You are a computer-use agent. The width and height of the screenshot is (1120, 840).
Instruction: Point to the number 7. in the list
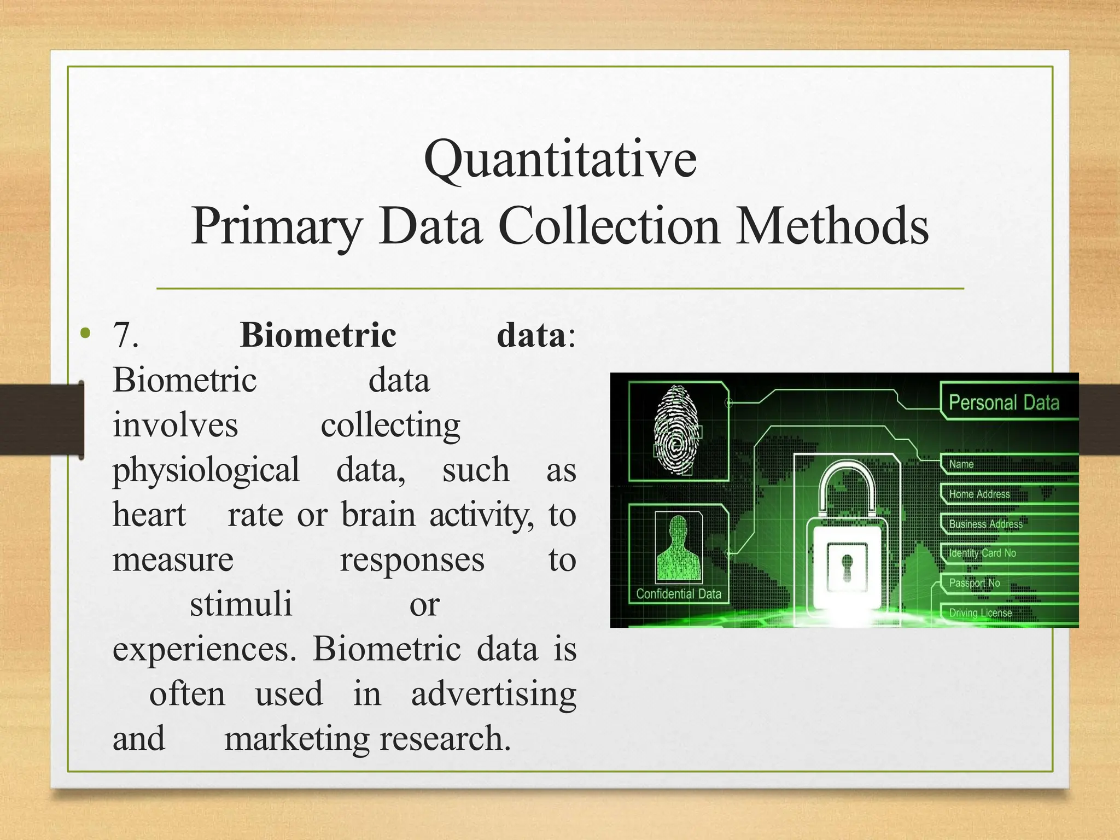125,335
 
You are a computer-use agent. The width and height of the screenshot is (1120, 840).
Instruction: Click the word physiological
206,470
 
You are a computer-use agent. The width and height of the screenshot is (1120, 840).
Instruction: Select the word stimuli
241,604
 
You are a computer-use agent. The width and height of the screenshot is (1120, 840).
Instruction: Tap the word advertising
493,694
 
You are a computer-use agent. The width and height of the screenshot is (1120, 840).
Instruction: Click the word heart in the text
149,515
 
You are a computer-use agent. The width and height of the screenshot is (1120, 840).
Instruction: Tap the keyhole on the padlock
847,567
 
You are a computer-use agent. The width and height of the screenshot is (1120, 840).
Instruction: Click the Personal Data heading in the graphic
1004,403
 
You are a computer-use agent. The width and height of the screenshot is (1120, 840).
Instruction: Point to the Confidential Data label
679,594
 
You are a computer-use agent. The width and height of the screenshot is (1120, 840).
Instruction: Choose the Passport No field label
974,583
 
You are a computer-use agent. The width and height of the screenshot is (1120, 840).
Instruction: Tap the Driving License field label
980,613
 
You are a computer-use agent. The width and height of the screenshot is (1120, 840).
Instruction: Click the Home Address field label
979,494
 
